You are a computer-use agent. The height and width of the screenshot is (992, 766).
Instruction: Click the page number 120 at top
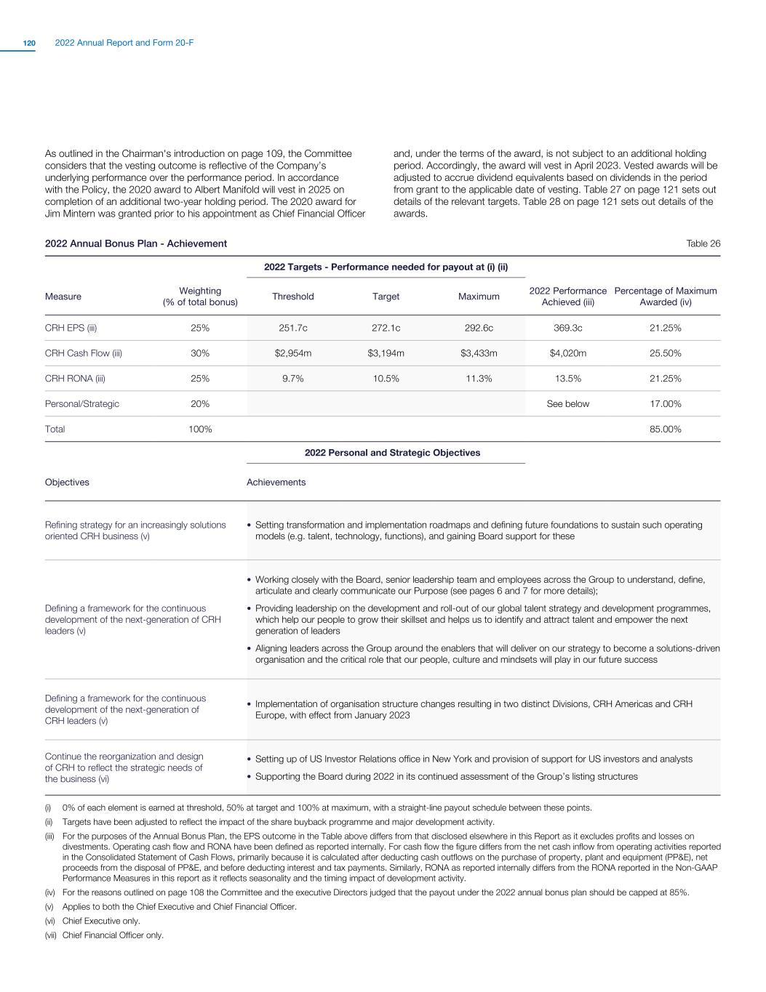(29, 44)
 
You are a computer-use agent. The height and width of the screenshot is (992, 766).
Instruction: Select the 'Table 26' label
(703, 243)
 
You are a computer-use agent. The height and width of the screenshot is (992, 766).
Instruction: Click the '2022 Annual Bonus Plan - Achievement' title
(136, 243)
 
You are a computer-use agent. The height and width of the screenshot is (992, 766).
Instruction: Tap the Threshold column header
(292, 297)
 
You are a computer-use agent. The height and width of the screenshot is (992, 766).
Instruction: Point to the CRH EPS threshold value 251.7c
(292, 328)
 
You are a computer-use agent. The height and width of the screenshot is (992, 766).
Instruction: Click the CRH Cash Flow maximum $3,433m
(479, 353)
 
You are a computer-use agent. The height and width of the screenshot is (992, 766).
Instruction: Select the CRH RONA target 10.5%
(386, 379)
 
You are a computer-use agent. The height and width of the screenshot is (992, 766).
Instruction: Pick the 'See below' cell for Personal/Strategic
(567, 404)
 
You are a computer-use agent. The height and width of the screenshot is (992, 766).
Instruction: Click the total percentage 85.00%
(665, 430)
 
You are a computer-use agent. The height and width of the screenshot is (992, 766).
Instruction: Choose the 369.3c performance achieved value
(567, 328)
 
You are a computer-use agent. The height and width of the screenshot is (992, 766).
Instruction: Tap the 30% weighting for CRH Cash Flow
(200, 353)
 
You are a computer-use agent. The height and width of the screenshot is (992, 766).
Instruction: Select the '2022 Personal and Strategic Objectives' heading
(392, 453)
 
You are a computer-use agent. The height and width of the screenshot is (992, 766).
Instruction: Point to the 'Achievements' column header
(276, 483)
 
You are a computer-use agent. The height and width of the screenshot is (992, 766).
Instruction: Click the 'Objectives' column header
(67, 483)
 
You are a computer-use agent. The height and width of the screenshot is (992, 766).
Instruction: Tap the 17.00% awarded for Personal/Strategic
(665, 404)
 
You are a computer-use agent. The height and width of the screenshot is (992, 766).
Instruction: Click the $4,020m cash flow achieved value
(567, 353)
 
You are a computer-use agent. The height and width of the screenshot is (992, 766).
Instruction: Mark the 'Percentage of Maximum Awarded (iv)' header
(665, 297)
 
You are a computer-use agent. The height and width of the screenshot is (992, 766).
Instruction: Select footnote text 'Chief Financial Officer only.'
(113, 935)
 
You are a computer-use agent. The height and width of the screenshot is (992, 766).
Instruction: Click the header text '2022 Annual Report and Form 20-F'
(124, 44)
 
